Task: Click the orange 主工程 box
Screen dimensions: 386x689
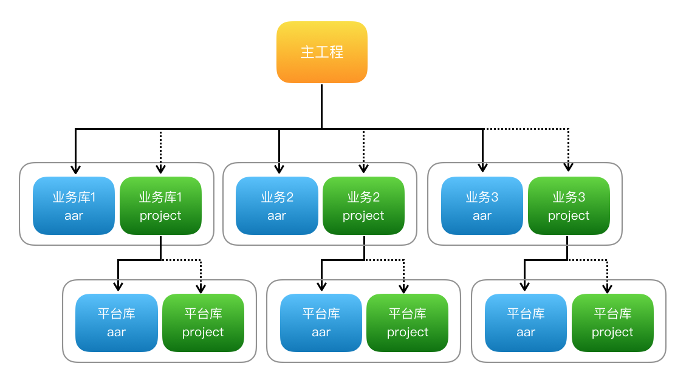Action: click(321, 52)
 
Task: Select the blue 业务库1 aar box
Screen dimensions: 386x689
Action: click(74, 206)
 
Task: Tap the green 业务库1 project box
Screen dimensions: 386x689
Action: click(160, 206)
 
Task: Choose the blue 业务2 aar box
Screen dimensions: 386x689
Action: click(276, 206)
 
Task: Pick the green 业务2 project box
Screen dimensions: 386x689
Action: click(363, 206)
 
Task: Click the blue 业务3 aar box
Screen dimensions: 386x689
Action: click(482, 206)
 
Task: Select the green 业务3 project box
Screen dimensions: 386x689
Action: click(569, 206)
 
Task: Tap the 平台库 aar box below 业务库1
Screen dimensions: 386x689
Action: click(116, 322)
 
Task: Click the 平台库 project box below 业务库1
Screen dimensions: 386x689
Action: click(203, 322)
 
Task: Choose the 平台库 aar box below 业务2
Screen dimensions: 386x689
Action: click(321, 322)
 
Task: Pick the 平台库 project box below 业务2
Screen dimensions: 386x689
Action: click(408, 322)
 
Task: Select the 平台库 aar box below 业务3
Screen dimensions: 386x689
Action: click(526, 322)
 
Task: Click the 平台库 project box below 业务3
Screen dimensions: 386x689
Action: click(612, 322)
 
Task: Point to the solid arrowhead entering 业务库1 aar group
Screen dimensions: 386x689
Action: click(75, 169)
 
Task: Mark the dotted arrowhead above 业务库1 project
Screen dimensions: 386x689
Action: click(160, 169)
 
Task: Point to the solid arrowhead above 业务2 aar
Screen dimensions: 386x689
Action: click(279, 169)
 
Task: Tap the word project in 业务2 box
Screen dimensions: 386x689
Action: click(363, 216)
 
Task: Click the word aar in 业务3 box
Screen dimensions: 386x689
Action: click(482, 216)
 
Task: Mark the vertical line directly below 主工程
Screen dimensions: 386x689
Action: click(321, 106)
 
